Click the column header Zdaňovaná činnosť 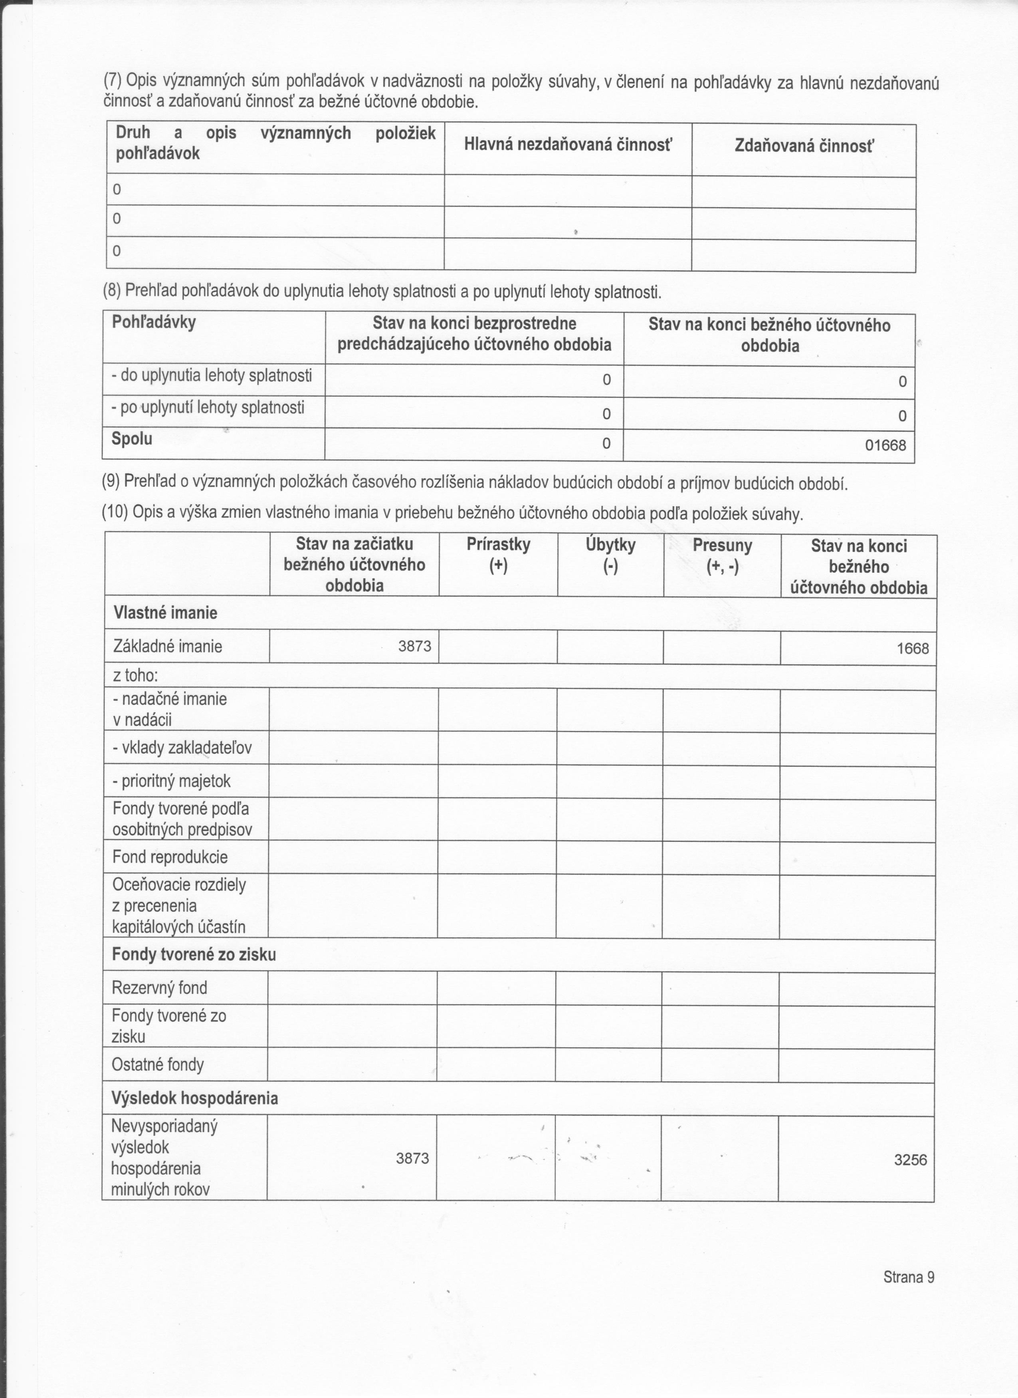point(804,146)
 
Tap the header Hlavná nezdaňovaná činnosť point(568,145)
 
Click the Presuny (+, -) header point(722,555)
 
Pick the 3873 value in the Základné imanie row point(415,646)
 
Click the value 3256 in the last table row point(910,1160)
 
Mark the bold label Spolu point(131,439)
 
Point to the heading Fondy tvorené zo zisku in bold point(194,954)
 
